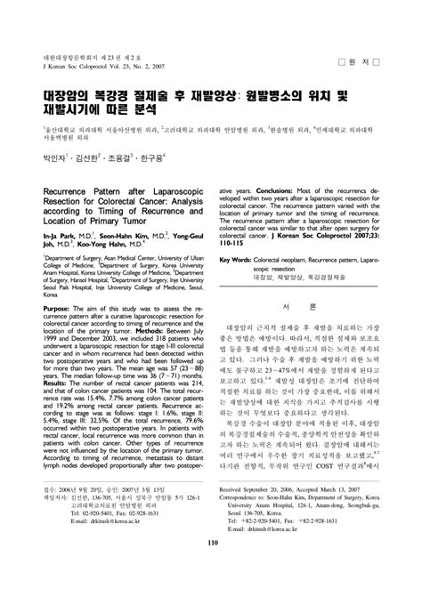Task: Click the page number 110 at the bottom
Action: point(210,569)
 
